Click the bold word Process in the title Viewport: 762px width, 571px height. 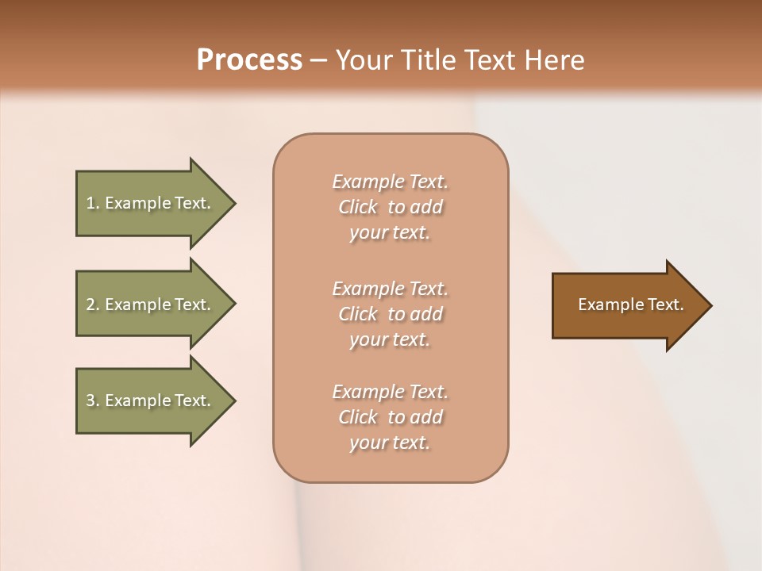pyautogui.click(x=249, y=60)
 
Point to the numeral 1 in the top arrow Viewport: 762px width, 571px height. pyautogui.click(x=90, y=203)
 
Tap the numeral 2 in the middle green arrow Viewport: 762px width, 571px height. pyautogui.click(x=90, y=305)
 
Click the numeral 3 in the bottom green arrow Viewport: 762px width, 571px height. pyautogui.click(x=90, y=400)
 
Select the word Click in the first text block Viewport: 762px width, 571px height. pyautogui.click(x=358, y=207)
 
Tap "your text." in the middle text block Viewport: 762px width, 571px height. pyautogui.click(x=390, y=339)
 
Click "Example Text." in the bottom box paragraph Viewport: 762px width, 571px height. pyautogui.click(x=390, y=392)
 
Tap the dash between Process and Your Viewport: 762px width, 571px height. pyautogui.click(x=318, y=61)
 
